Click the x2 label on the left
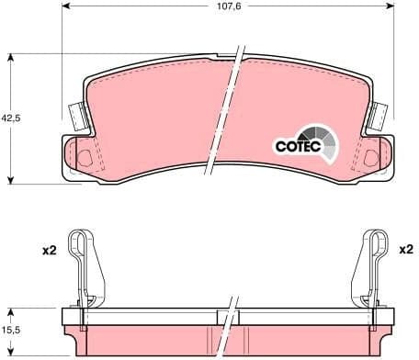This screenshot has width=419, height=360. [48, 250]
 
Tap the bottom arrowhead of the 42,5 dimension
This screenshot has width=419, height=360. [10, 179]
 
